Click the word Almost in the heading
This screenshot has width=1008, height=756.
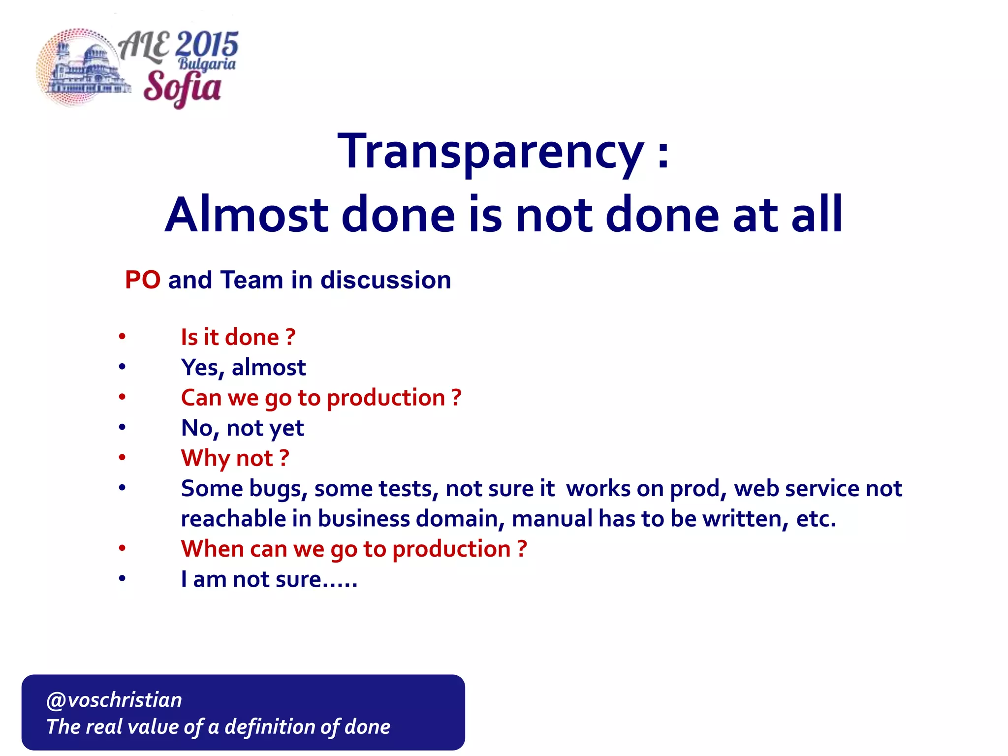247,215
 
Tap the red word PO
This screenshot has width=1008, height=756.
142,280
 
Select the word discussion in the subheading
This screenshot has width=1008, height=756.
385,280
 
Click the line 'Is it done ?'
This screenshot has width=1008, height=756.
238,337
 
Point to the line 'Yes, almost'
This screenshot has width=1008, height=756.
243,368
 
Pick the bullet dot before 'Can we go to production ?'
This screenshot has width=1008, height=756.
122,397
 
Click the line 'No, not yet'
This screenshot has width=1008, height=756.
242,428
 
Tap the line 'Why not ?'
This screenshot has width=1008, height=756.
235,458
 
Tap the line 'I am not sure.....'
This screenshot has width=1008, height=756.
269,579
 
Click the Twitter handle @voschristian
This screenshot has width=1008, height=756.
114,700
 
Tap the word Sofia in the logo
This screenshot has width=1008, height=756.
182,88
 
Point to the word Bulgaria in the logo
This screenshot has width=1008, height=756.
207,64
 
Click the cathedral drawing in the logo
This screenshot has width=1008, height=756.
86,71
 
